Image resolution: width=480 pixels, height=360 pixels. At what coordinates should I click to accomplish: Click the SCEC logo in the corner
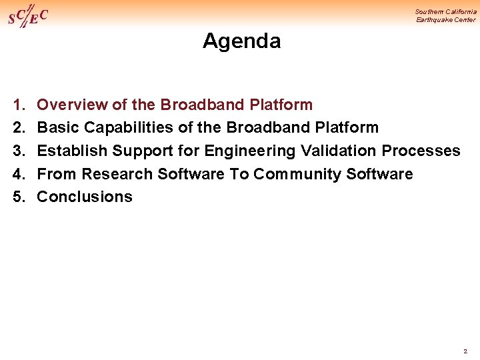pos(27,16)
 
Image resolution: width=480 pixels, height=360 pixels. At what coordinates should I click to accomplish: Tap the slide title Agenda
pos(241,41)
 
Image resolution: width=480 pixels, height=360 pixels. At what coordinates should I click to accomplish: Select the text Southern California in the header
pos(445,11)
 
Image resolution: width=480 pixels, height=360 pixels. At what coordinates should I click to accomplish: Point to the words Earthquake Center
pos(446,20)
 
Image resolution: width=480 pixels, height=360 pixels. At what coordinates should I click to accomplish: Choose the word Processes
pos(421,151)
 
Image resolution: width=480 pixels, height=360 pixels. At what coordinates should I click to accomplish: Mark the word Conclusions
pos(85,197)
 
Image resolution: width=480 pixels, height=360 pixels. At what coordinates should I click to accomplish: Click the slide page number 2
pos(465,351)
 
